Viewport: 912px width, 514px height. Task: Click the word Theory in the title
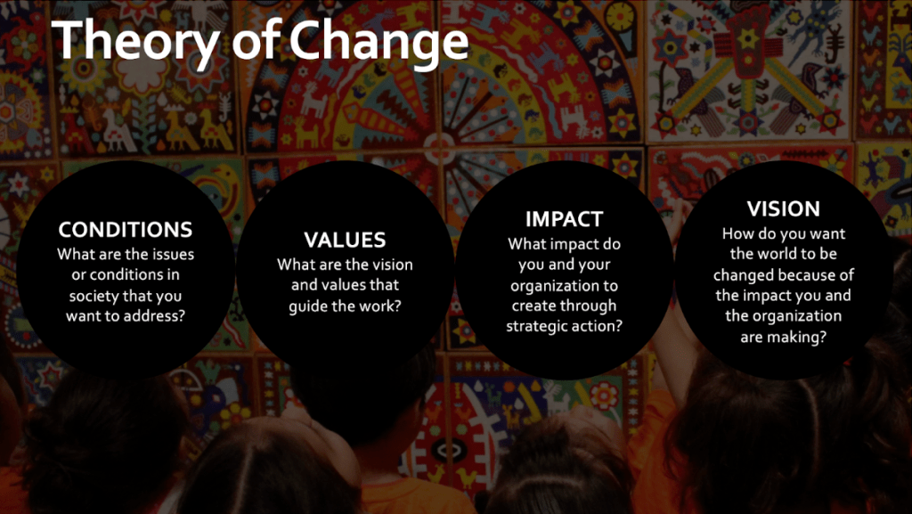coord(136,42)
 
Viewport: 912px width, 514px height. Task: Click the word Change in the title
coord(379,42)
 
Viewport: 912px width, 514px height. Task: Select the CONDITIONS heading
coord(126,230)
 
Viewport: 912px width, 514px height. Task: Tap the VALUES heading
coord(345,240)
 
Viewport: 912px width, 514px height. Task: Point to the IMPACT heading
coord(564,219)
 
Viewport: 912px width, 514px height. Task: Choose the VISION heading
coord(784,208)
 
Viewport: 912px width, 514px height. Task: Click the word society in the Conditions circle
coord(94,296)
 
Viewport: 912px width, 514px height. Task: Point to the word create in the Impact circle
coord(533,306)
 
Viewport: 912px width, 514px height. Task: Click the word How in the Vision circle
coord(736,233)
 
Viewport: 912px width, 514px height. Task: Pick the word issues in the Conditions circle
coord(174,255)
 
